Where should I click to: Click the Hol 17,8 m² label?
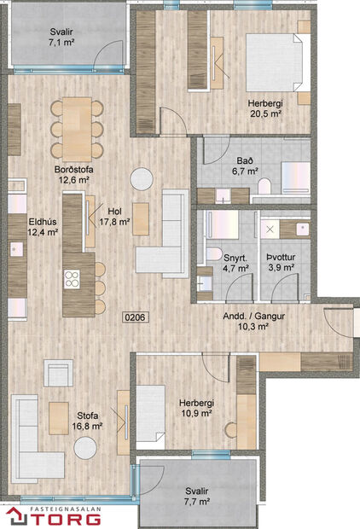[x=114, y=217]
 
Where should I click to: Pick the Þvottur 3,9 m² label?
[x=280, y=260]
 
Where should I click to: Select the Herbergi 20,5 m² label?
[x=265, y=109]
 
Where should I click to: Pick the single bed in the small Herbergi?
[x=152, y=409]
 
